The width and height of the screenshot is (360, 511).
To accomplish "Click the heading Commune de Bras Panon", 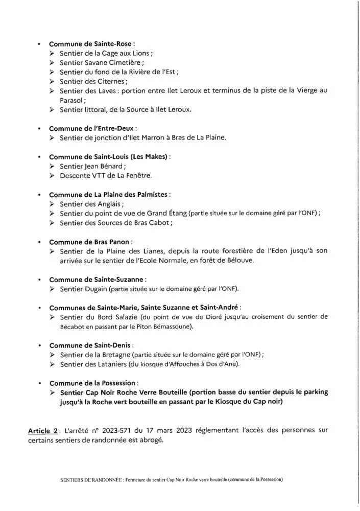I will tap(90, 242).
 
